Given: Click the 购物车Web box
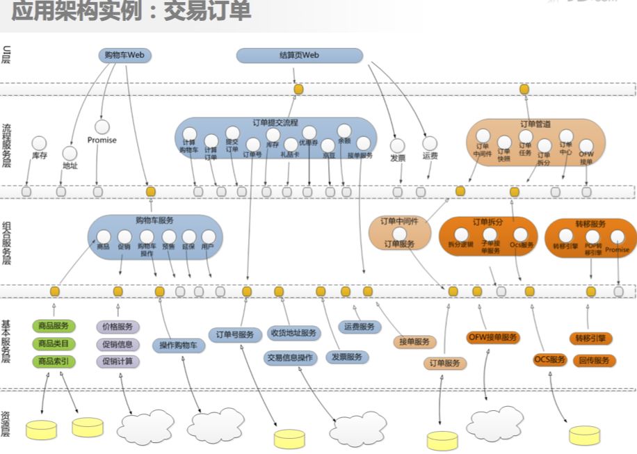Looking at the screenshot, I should click(124, 56).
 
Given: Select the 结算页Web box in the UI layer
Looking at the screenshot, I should click(299, 56).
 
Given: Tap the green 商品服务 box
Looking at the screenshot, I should click(53, 327).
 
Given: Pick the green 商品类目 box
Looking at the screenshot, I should click(53, 344).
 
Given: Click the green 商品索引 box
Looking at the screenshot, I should click(53, 362).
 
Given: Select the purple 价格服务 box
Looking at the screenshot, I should click(118, 327).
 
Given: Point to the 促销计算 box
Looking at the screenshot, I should click(118, 362).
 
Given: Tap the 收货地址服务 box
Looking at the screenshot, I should click(293, 333).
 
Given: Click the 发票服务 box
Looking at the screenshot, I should click(346, 357).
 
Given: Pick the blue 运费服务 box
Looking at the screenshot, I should click(359, 327).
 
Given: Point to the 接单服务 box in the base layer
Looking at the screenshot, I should click(415, 342).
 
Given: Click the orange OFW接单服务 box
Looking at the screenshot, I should click(493, 338).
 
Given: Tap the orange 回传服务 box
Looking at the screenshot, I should click(594, 360).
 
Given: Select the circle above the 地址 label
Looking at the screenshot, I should click(70, 152).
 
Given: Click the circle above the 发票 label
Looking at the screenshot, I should click(397, 145).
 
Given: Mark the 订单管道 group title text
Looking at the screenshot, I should click(535, 124).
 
